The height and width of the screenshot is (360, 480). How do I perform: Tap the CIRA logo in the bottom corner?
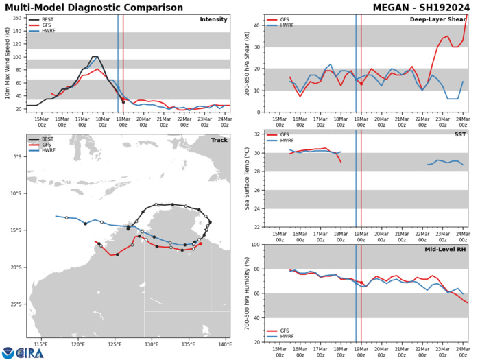click(x=23, y=351)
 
